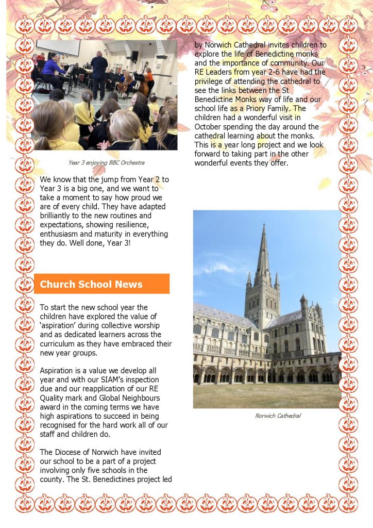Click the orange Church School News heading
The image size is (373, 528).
pos(91,284)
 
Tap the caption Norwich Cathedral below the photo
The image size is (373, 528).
pos(278,416)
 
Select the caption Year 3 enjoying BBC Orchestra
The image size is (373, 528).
pos(106,163)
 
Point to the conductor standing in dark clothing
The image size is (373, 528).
pos(99,72)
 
